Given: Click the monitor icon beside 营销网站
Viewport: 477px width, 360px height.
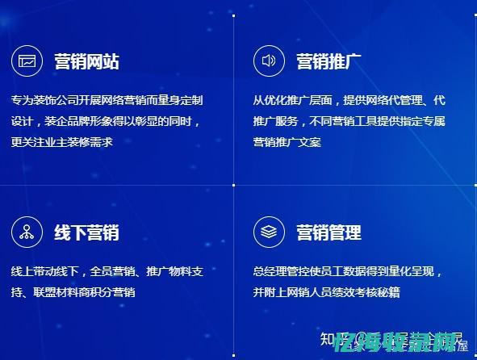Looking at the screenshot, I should [x=27, y=61].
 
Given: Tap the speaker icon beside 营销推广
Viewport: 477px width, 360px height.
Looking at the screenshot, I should [x=269, y=61].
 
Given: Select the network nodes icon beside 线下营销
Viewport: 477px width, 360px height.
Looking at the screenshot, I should [x=27, y=232].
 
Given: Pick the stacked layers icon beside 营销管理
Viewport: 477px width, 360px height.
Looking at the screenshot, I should [x=269, y=232].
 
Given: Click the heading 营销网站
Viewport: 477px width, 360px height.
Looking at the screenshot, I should [x=86, y=61].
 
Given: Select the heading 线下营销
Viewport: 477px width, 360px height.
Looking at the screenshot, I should [x=86, y=232].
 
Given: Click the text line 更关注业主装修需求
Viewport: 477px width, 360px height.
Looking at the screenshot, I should [x=62, y=142].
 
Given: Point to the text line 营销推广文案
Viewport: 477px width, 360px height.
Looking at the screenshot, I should [x=287, y=142].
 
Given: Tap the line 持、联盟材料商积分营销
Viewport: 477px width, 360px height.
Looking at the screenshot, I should [x=73, y=292].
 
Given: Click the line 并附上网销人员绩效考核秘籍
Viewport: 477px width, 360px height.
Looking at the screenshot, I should [x=326, y=292].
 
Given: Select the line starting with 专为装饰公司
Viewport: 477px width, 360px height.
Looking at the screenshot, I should [x=107, y=101].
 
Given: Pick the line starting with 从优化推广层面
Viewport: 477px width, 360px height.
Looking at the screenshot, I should [x=349, y=101].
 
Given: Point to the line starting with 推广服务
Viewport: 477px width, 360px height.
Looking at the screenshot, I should [x=349, y=121].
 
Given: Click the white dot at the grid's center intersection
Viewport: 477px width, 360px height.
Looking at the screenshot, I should [x=234, y=186].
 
